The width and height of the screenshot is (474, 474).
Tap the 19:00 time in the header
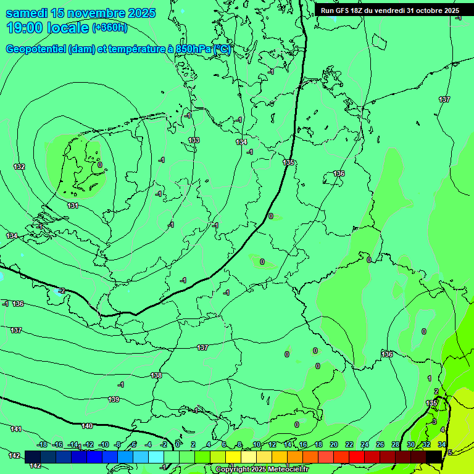point(26,28)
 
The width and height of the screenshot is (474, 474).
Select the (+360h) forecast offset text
point(110,27)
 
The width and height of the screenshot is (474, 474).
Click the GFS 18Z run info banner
point(389,10)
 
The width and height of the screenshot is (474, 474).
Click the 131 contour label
point(73,206)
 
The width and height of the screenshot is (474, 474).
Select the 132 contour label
point(19,167)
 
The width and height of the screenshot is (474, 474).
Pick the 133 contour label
point(194,141)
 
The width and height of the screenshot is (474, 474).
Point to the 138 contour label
point(156,375)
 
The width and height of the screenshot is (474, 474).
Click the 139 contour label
point(114,399)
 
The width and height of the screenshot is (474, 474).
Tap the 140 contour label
point(87,426)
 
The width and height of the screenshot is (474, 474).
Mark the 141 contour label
point(16,429)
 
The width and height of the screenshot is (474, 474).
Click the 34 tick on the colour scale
point(442,444)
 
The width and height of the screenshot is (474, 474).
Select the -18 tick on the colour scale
point(42,444)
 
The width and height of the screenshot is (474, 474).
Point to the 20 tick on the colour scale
point(333,444)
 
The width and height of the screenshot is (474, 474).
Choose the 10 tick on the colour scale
point(256,444)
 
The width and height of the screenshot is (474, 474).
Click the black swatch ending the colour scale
point(434,457)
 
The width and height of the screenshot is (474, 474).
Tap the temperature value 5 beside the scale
point(450,452)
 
